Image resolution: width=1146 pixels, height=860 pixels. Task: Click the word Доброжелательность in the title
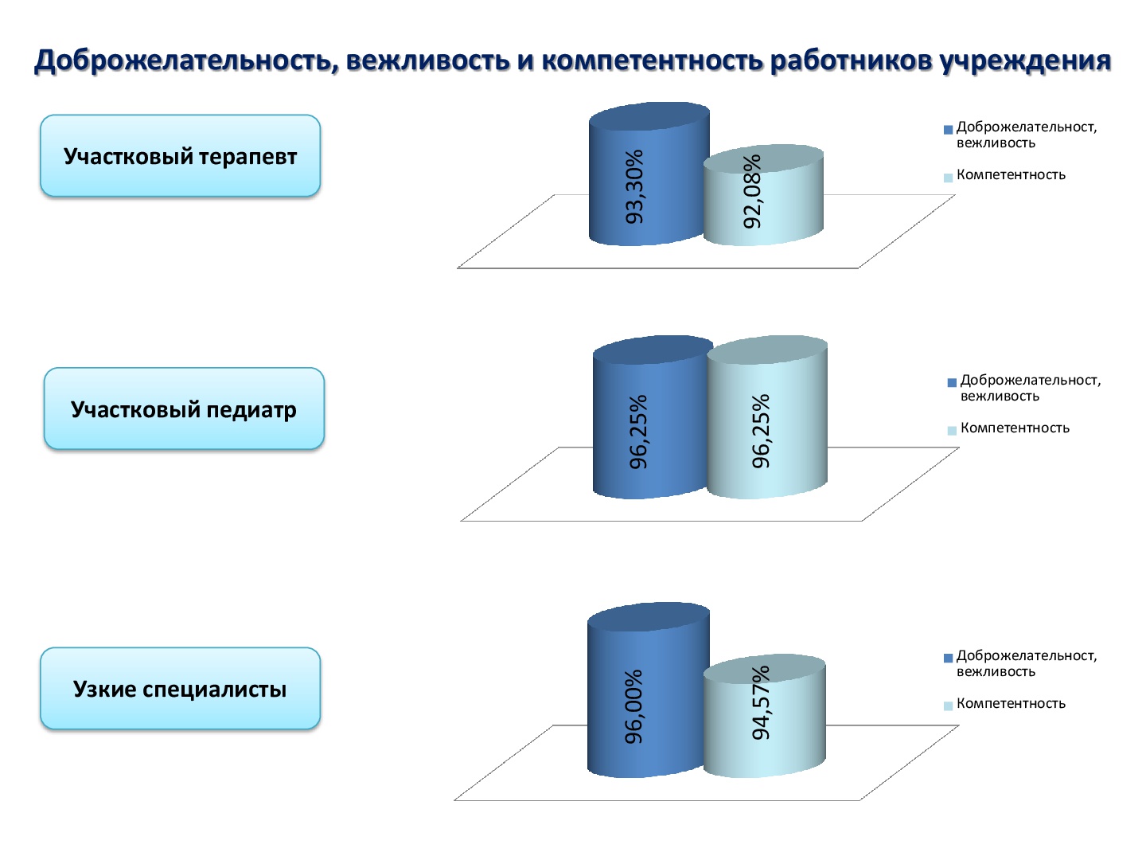(183, 61)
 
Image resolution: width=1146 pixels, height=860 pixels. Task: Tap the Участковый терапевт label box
(180, 155)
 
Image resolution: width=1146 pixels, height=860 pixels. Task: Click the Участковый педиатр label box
(184, 408)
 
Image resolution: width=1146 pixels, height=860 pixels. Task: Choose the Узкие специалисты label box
(180, 688)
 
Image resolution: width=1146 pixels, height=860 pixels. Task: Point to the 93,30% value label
(634, 186)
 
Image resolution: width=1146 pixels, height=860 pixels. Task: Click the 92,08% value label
(752, 191)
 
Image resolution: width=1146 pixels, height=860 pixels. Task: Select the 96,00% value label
(633, 706)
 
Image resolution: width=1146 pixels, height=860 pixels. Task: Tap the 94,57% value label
(761, 702)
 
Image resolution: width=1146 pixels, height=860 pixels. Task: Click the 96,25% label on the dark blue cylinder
(638, 432)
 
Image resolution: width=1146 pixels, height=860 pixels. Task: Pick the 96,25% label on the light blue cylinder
(761, 431)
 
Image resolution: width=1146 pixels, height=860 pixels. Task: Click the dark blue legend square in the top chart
(948, 130)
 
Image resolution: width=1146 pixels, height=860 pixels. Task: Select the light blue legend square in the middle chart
(952, 430)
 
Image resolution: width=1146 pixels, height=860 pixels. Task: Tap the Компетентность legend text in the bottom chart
(1011, 703)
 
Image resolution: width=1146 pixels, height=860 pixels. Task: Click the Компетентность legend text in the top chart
(1011, 174)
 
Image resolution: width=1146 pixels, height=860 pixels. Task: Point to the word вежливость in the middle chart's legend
(1000, 396)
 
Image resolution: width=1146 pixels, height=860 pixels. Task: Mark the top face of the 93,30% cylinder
(649, 116)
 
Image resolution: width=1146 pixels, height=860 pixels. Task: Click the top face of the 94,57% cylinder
(764, 668)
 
